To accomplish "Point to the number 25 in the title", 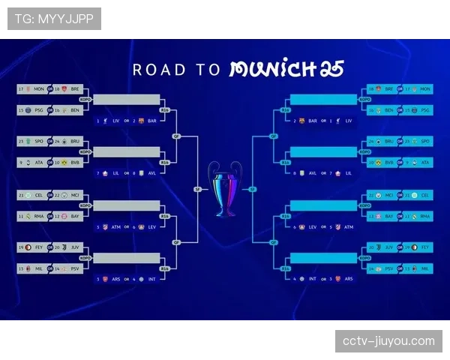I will click(332, 70).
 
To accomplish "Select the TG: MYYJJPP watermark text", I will click(54, 18).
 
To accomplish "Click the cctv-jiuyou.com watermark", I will click(388, 341).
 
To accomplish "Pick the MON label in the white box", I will click(38, 89).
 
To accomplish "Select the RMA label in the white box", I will click(38, 216).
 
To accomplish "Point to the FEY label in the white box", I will click(38, 247).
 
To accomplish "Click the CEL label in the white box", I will click(38, 195).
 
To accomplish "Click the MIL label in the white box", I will click(38, 268).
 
